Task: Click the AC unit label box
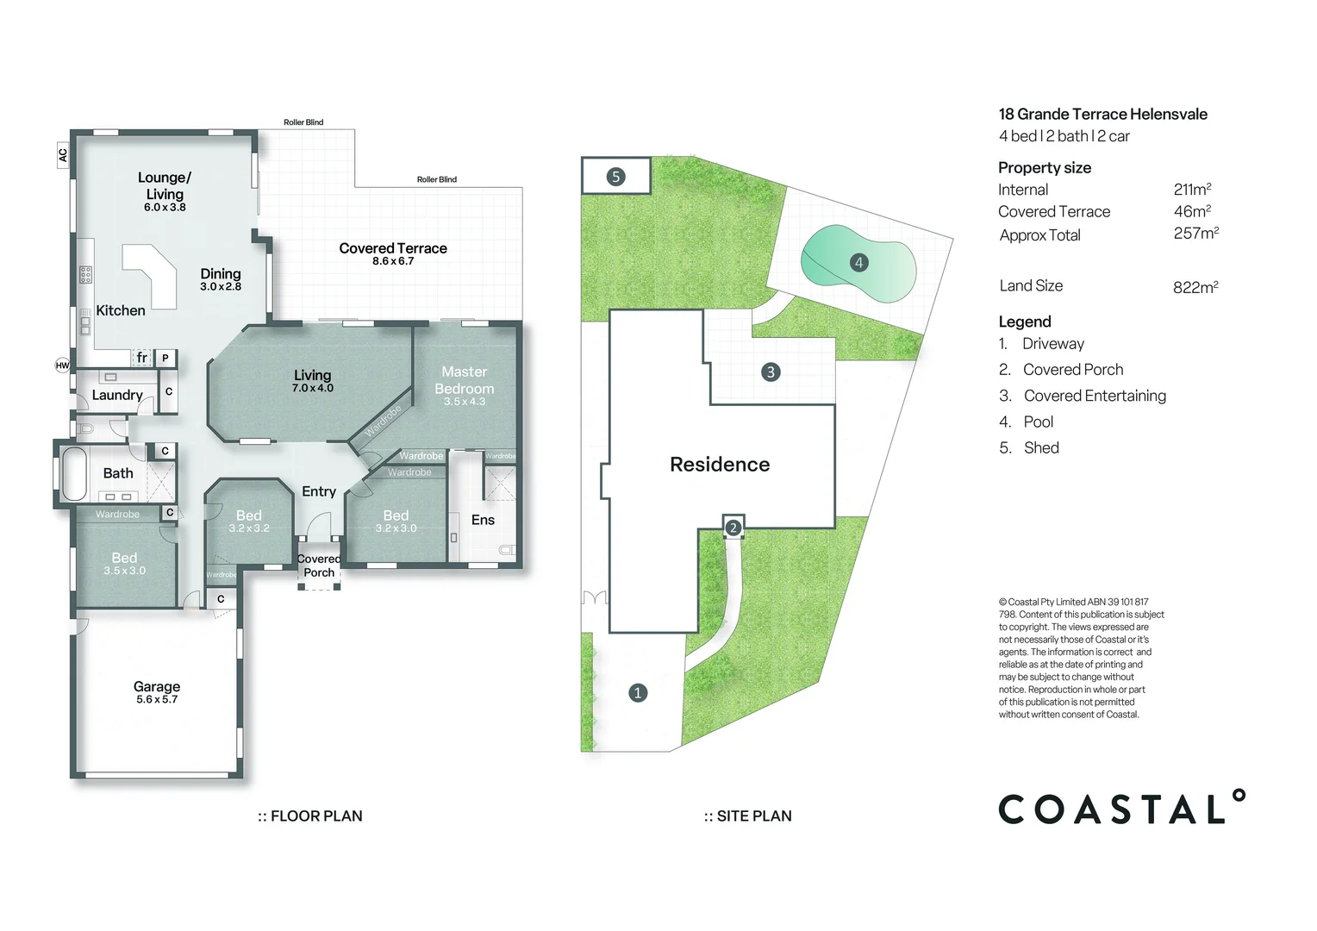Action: pos(62,155)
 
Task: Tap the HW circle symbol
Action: pos(62,366)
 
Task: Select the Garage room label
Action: pos(156,686)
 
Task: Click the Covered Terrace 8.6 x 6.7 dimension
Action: pos(393,261)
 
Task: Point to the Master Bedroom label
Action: pos(465,380)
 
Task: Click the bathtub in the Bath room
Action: pos(74,474)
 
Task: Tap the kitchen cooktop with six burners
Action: pos(86,275)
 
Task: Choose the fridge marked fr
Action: pos(141,358)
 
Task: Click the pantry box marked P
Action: pos(165,358)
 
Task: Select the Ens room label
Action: pos(483,520)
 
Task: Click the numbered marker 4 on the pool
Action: pos(859,262)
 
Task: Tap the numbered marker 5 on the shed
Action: pos(615,177)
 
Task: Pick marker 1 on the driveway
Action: pos(638,693)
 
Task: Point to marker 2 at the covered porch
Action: pos(733,528)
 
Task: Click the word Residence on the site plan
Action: pos(720,465)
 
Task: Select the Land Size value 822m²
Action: pos(1195,287)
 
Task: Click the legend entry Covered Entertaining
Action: pos(1095,396)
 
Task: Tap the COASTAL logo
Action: pos(1122,807)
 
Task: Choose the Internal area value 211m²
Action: pos(1192,190)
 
